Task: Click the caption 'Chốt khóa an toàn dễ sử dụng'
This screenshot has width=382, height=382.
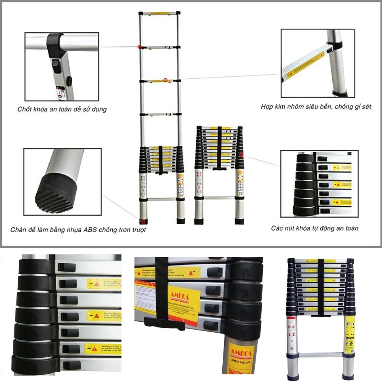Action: pos(62,109)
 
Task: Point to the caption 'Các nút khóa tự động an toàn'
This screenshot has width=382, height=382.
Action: pos(315,228)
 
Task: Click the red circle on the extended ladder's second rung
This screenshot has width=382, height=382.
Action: pos(140,47)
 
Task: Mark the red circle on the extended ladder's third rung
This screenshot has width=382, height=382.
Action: pos(165,80)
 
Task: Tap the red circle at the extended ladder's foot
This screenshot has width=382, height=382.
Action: pos(143,221)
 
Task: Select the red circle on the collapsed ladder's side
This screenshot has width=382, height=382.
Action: pos(241,155)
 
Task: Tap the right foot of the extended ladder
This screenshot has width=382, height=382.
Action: pos(181,221)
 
